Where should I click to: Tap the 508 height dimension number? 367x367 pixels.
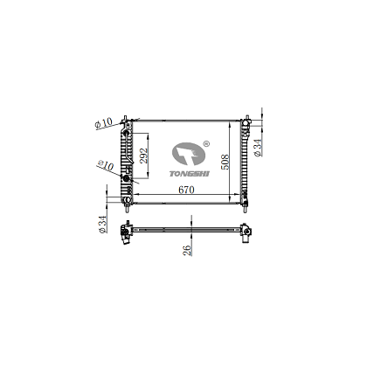pos(225,161)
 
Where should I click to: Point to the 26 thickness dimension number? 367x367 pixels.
pos(186,251)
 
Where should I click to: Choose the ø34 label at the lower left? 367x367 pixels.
pos(103,226)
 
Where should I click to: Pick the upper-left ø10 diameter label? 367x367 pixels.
pos(104,125)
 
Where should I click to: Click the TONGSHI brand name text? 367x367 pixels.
pos(183,173)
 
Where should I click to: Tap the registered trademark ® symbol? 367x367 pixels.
pos(206,142)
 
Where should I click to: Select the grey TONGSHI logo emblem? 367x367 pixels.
pos(187,156)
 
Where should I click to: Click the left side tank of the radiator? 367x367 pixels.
pos(128,162)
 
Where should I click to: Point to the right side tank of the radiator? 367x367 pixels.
pos(246,162)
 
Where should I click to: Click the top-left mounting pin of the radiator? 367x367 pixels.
pos(127,116)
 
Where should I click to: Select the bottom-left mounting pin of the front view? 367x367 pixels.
pos(127,208)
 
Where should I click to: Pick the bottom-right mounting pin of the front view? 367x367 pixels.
pos(246,208)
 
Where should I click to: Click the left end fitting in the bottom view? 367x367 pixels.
pos(128,232)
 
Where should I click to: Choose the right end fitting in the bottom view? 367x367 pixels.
pos(246,232)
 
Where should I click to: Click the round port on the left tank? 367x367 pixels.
pos(126,178)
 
